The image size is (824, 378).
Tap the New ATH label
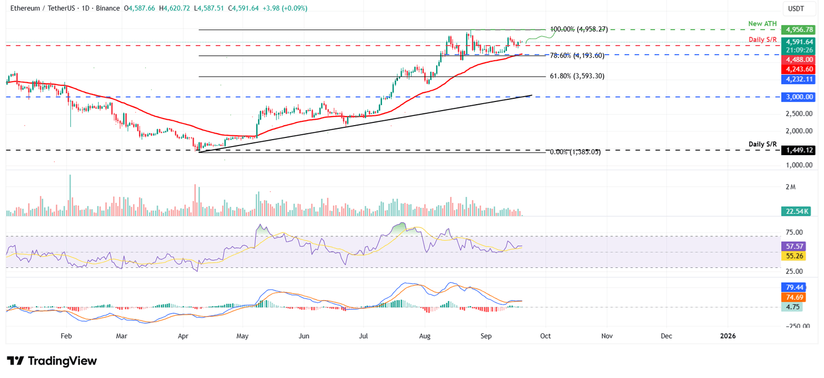tap(762, 24)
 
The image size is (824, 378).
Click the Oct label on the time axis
tap(546, 336)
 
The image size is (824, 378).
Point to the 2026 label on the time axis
tap(728, 336)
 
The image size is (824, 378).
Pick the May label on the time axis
tap(242, 336)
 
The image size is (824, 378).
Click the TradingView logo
tap(52, 361)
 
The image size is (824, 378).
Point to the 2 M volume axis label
tap(790, 187)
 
